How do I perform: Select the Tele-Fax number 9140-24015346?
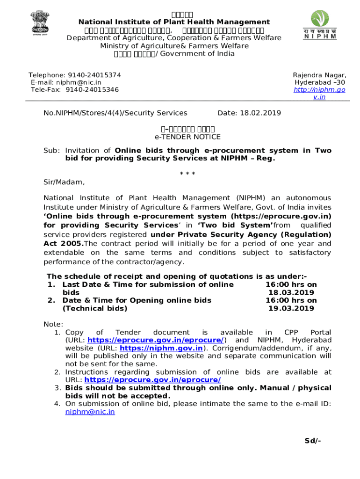(92, 89)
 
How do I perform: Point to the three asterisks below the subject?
(187, 174)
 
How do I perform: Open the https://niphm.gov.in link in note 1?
(161, 348)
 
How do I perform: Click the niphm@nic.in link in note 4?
(90, 412)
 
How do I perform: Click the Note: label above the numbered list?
(53, 324)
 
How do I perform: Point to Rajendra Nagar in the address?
(319, 75)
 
